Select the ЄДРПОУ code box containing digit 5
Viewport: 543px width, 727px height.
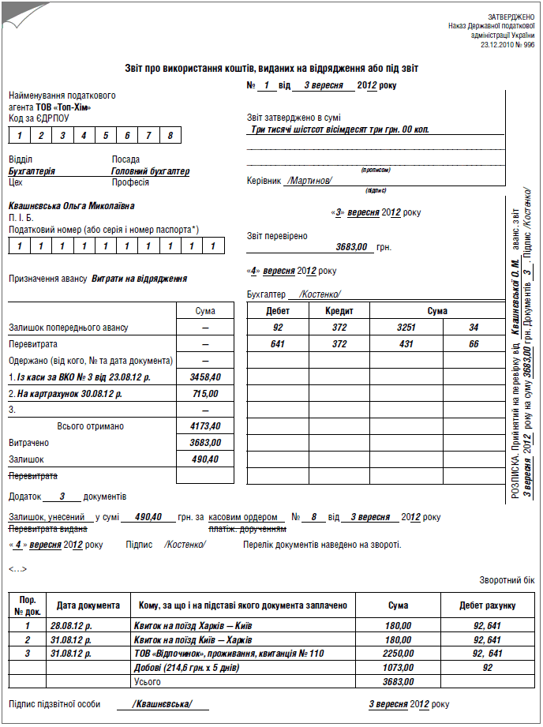pyautogui.click(x=105, y=135)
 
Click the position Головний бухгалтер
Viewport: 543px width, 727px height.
pyautogui.click(x=150, y=171)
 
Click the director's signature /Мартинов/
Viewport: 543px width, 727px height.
pyautogui.click(x=309, y=180)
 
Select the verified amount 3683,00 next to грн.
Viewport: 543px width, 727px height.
pyautogui.click(x=352, y=247)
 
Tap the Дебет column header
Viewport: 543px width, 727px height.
pyautogui.click(x=278, y=311)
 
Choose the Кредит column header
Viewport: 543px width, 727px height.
pyautogui.click(x=339, y=311)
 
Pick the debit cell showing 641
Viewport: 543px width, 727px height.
pyautogui.click(x=278, y=344)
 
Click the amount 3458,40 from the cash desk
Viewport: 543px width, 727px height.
pyautogui.click(x=205, y=377)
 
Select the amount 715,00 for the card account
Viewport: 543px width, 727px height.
pyautogui.click(x=205, y=393)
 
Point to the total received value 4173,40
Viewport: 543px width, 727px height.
pyautogui.click(x=205, y=426)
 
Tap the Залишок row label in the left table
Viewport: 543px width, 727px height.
pyautogui.click(x=26, y=459)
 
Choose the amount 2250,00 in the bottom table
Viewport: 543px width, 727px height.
pyautogui.click(x=398, y=654)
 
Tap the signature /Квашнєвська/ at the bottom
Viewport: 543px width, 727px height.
pyautogui.click(x=162, y=703)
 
